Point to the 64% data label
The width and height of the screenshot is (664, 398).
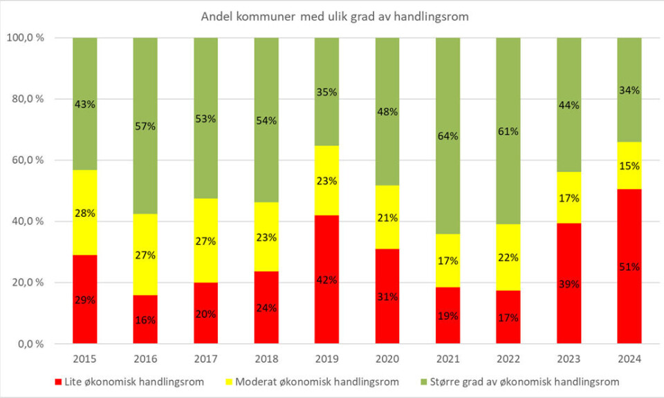coord(448,136)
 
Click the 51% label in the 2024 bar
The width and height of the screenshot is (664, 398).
coord(629,267)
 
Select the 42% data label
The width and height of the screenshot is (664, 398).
coord(326,280)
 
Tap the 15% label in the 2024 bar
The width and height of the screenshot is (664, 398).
coord(629,166)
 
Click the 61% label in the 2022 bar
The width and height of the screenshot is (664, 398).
coord(508,131)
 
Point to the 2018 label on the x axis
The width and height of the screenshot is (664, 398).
coord(266,359)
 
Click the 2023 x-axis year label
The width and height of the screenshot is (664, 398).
coord(569,359)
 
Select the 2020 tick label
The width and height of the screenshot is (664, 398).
coord(387,359)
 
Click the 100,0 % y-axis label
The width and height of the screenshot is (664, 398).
coord(26,38)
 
